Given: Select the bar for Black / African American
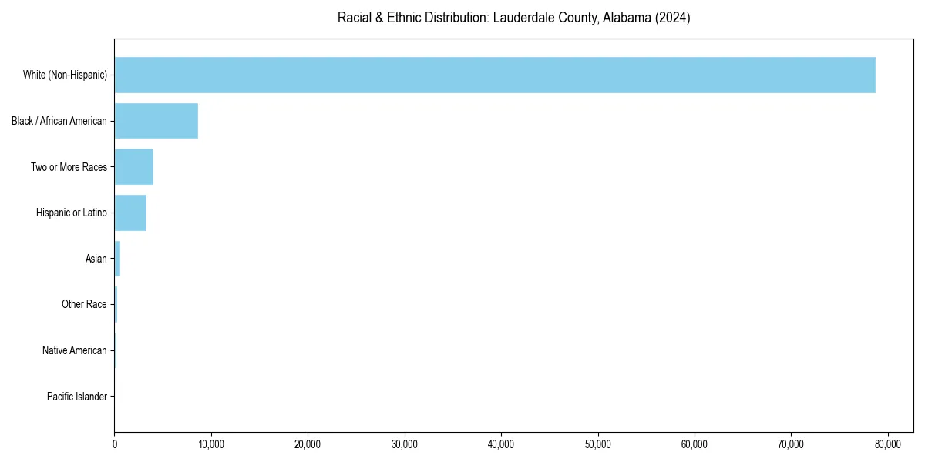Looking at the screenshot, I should coord(156,121).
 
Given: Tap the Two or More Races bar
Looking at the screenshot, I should coord(134,167).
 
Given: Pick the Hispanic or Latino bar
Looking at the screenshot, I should coord(130,213).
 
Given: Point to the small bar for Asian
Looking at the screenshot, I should coord(117,259).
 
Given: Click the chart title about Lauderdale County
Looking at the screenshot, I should coord(513,18).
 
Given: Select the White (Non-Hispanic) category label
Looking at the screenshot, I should coord(65,75).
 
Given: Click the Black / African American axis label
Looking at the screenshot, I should coord(59,121).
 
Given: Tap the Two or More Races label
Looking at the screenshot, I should coord(69,167).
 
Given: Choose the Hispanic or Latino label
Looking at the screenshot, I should coord(72,213).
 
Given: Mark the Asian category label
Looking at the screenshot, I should coord(96,259).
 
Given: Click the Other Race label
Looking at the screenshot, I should coord(84,305).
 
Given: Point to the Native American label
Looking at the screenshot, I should coord(75,350).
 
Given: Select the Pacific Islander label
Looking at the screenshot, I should coord(77,397).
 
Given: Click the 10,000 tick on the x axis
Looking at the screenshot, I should coord(211,444).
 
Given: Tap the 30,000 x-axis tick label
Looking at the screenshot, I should coord(405,444).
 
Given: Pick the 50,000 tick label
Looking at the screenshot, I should coord(598,444).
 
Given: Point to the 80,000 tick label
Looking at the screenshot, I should coord(888,444).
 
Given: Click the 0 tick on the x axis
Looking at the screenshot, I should coord(114,444).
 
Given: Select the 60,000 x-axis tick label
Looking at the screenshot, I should coord(695,444).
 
